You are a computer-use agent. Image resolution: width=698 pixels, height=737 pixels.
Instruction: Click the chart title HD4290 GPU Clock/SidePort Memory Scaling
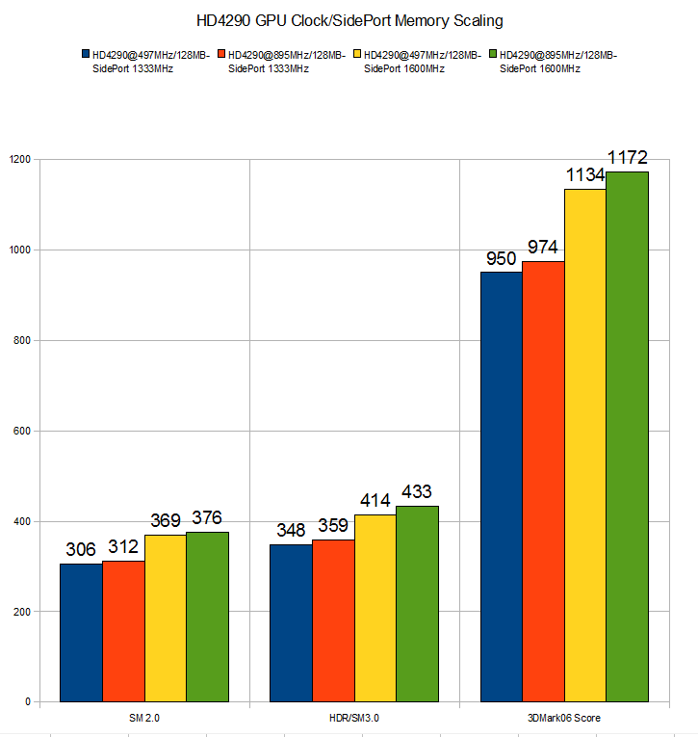pyautogui.click(x=349, y=18)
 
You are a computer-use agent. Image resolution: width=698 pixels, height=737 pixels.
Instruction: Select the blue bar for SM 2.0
pyautogui.click(x=81, y=632)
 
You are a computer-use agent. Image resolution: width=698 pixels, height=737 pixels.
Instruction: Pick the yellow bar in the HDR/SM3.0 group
pyautogui.click(x=375, y=608)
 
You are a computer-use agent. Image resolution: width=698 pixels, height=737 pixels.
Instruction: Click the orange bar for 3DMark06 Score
pyautogui.click(x=543, y=482)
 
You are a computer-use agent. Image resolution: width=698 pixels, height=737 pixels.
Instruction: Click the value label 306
pyautogui.click(x=81, y=549)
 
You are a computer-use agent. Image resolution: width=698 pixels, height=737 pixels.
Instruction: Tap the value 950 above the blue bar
pyautogui.click(x=501, y=258)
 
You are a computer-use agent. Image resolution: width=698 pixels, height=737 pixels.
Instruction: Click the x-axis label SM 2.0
pyautogui.click(x=144, y=718)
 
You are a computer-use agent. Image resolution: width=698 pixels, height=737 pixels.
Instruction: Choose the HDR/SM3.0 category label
pyautogui.click(x=354, y=718)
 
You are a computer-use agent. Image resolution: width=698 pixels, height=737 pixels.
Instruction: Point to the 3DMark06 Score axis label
pyautogui.click(x=563, y=718)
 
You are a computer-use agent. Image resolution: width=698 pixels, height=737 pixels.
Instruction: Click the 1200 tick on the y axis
pyautogui.click(x=19, y=159)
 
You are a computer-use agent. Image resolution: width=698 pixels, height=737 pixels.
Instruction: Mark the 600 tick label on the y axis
pyautogui.click(x=22, y=431)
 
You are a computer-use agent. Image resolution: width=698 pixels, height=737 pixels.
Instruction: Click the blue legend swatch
pyautogui.click(x=86, y=55)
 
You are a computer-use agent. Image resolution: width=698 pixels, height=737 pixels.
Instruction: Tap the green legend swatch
pyautogui.click(x=494, y=55)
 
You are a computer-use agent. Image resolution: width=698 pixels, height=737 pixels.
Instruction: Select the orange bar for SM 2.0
pyautogui.click(x=123, y=631)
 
